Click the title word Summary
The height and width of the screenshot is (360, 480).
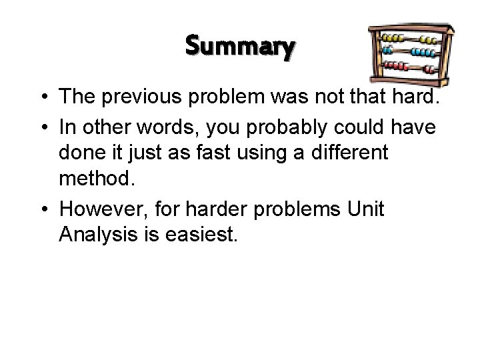pos(240,47)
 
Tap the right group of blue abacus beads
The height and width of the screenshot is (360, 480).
pos(424,51)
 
